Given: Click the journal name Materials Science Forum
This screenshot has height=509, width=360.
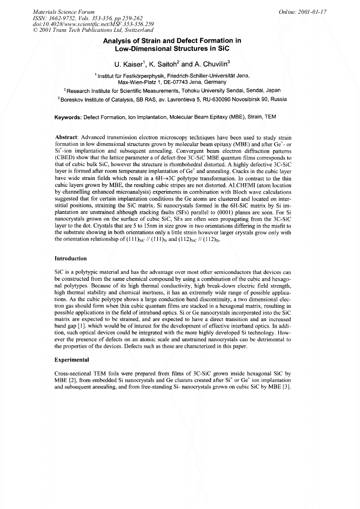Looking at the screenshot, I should tap(64, 11).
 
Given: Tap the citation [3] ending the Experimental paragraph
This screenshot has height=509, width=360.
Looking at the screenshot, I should tap(301, 386).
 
